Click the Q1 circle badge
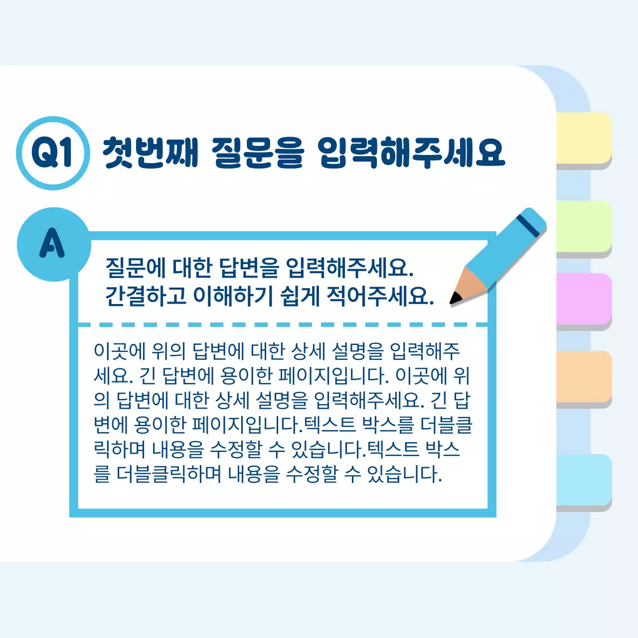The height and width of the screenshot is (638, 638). pos(53,153)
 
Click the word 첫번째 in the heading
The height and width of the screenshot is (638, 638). pos(150,152)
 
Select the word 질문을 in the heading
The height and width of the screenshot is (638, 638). pos(257,152)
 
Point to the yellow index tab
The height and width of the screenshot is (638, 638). pos(584,138)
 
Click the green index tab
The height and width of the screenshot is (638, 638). pos(584,227)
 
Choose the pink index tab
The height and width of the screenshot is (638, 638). pos(584,299)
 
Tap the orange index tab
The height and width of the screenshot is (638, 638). pos(584,377)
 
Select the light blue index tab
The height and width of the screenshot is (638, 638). pos(584,479)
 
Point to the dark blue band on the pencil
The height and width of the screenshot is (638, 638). pos(527,226)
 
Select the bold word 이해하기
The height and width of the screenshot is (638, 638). pos(233,296)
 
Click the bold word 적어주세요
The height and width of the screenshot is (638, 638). pos(380,296)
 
